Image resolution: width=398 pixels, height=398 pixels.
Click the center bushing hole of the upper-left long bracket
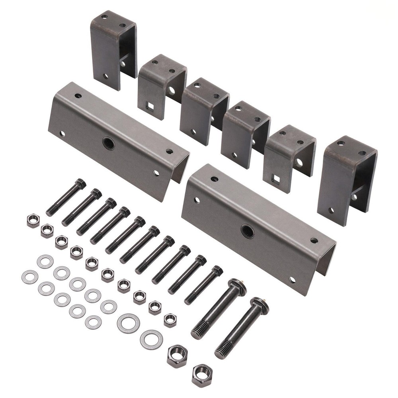click(x=108, y=143)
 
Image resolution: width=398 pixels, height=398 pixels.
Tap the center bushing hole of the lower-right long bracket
click(x=248, y=231)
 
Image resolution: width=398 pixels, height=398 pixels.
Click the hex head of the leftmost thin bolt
click(x=80, y=184)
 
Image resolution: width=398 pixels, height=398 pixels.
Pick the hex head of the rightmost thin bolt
click(x=217, y=271)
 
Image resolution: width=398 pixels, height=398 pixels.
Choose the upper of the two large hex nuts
click(x=177, y=356)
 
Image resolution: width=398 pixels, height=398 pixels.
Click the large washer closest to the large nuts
click(x=151, y=339)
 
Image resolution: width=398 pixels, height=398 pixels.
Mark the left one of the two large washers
click(x=128, y=323)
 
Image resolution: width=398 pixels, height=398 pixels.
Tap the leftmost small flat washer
click(x=30, y=277)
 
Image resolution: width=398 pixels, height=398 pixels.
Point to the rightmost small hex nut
click(x=170, y=320)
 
